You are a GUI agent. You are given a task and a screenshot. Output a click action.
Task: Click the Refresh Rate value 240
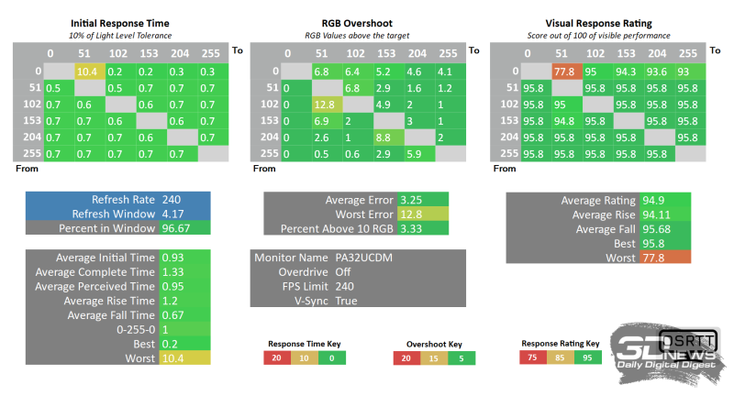click(x=184, y=199)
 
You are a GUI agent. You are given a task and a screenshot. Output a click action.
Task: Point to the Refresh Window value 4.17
click(x=184, y=213)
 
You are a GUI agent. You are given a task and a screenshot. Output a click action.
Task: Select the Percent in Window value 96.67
click(x=184, y=227)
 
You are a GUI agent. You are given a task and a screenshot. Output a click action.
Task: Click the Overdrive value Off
click(x=409, y=272)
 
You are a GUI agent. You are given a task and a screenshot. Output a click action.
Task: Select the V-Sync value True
click(x=412, y=301)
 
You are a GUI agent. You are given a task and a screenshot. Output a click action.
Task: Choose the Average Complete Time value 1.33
click(x=184, y=272)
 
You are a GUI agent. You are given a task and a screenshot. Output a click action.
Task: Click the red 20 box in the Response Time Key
click(x=276, y=359)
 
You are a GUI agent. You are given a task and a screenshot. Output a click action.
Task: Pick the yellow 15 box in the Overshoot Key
click(x=432, y=359)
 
